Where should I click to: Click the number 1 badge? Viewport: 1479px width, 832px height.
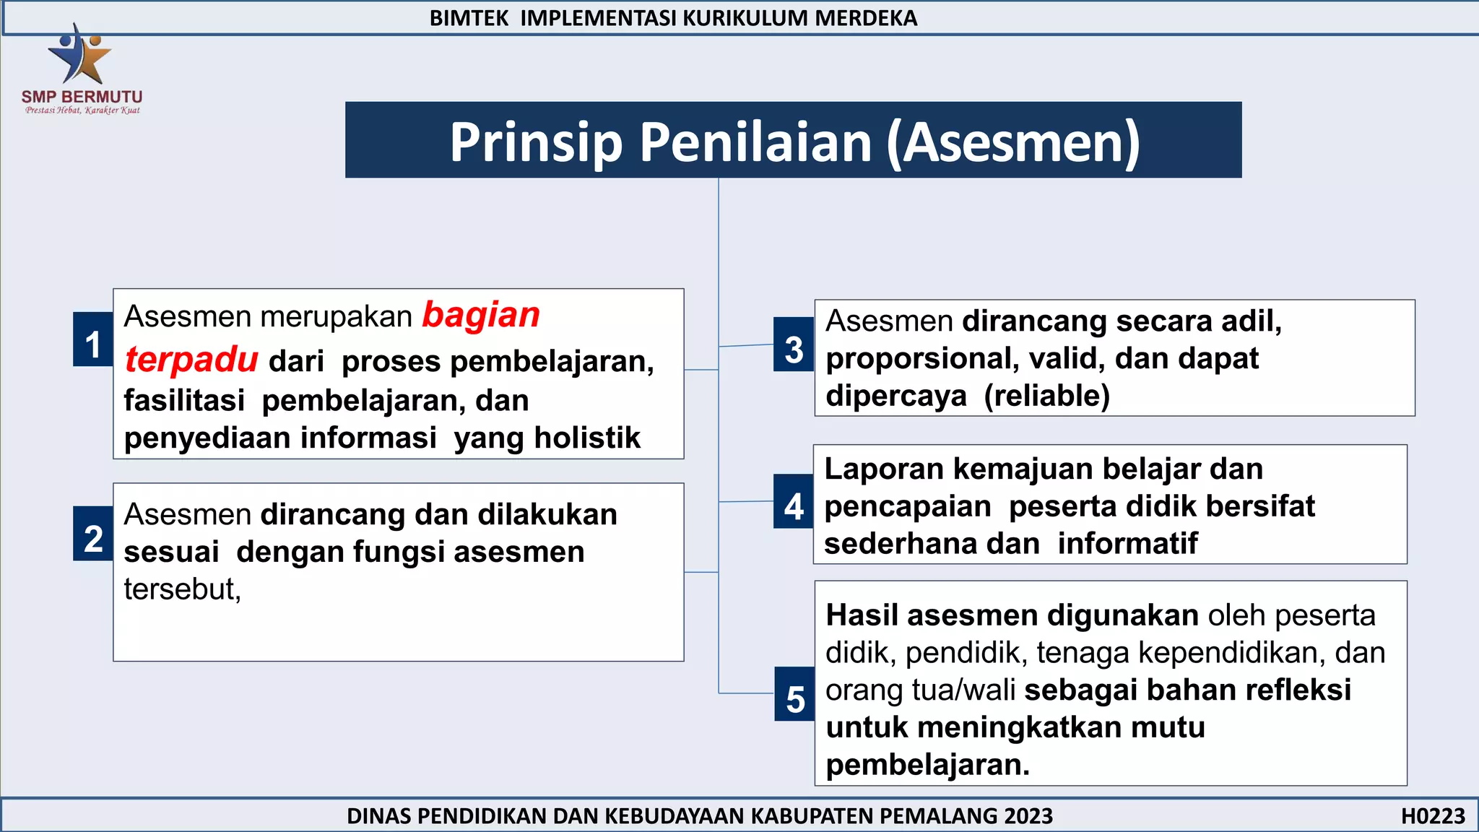[92, 339]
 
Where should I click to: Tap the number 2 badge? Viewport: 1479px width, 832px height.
[92, 534]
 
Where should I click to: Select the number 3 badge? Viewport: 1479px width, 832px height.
[794, 344]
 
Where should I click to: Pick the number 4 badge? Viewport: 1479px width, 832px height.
[794, 502]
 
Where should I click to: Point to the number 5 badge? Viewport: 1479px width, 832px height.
[795, 694]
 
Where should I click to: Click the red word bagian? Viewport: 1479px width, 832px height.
[481, 316]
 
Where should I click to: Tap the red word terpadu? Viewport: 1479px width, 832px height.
[191, 360]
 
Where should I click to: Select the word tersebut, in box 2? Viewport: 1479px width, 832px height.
[182, 589]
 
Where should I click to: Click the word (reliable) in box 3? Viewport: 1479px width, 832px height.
[1047, 396]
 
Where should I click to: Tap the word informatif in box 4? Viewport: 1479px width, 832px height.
[1127, 543]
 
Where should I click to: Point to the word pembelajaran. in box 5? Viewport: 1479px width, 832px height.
[927, 765]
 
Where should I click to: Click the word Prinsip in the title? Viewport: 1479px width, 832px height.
[536, 142]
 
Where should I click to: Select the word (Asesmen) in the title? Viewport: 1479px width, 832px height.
[1013, 142]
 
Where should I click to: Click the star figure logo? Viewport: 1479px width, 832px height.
[79, 53]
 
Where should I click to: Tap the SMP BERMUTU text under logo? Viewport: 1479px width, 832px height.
[82, 96]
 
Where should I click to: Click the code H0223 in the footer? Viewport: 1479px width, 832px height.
[1433, 816]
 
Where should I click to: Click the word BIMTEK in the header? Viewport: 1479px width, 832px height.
[469, 18]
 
